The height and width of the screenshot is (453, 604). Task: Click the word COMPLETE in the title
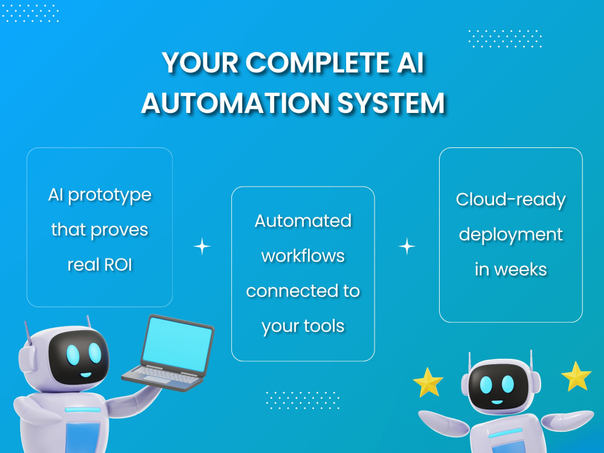pos(318,62)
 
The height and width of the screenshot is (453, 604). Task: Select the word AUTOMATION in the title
pos(236,103)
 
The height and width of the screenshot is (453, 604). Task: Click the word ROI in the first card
pos(118,265)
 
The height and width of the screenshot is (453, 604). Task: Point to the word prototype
pos(110,195)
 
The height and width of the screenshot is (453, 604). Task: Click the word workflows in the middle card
pos(303,255)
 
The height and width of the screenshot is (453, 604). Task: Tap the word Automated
pos(303,220)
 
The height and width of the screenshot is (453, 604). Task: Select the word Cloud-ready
pos(511,199)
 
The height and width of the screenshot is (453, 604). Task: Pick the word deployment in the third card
pos(511,234)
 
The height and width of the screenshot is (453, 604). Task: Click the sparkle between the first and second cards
pos(202,246)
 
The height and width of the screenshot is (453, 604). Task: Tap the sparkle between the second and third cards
pos(406,246)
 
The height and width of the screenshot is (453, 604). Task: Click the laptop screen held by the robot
pos(177,344)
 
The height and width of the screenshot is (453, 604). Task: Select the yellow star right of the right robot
pos(576,376)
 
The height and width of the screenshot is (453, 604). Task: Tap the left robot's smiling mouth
pos(86,374)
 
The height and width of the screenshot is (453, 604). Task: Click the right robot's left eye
pos(486,384)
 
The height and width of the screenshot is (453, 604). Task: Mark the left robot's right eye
pos(95,353)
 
